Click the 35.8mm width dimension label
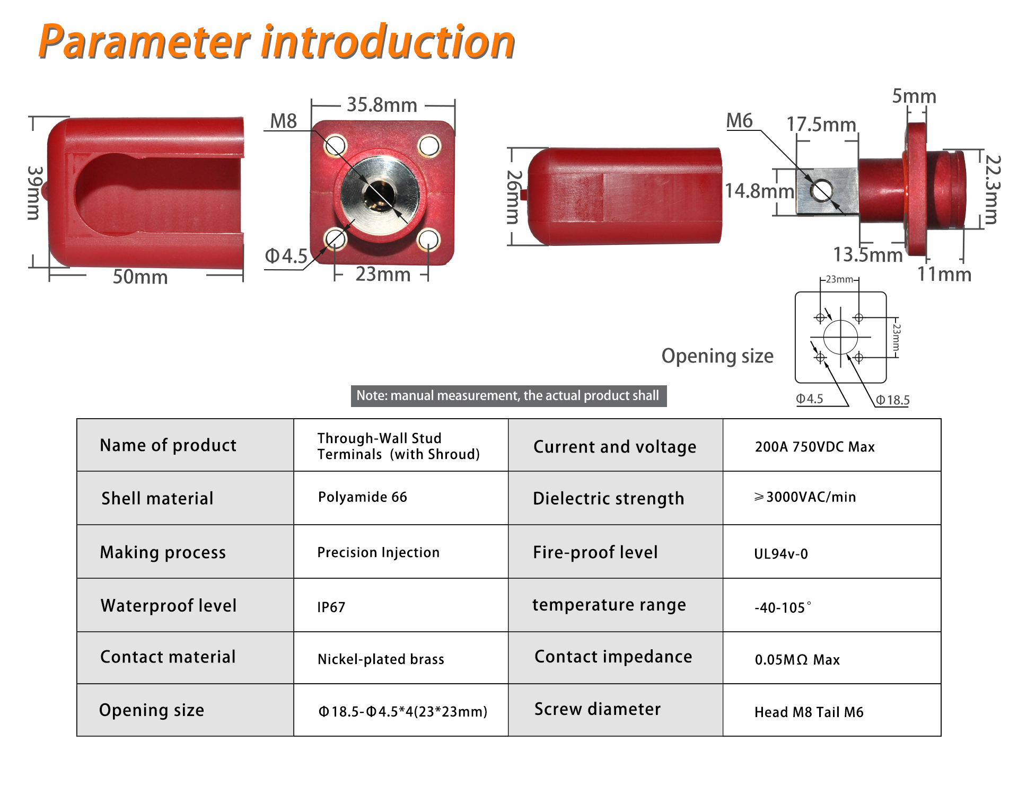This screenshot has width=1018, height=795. tap(382, 105)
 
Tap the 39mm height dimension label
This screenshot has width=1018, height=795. tap(34, 193)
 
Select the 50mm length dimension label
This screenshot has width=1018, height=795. tap(140, 277)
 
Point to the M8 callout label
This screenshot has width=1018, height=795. tap(283, 121)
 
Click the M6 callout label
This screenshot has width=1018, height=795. tap(739, 120)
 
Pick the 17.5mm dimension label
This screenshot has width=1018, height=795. tap(821, 125)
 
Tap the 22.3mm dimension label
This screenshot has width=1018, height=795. tap(992, 190)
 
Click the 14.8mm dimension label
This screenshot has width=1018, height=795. tap(759, 191)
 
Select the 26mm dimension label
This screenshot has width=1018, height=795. tap(514, 197)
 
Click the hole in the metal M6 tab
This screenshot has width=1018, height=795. tap(821, 190)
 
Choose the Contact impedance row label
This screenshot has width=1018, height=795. tap(613, 657)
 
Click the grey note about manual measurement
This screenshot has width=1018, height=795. tap(508, 396)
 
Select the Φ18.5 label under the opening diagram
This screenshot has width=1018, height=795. tap(893, 400)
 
